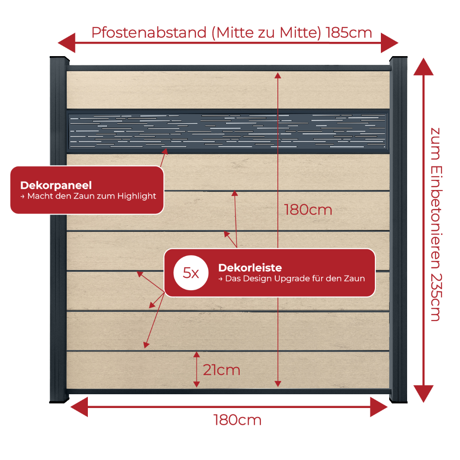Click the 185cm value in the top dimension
click(349, 33)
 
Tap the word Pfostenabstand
click(149, 33)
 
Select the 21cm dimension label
click(222, 370)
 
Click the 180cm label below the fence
click(237, 420)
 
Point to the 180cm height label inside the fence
click(308, 210)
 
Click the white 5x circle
click(191, 273)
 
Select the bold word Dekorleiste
click(250, 268)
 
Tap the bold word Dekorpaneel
click(56, 185)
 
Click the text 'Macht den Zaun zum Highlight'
click(92, 196)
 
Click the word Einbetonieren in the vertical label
click(436, 218)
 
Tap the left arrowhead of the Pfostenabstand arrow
click(67, 43)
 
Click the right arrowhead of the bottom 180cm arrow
click(379, 407)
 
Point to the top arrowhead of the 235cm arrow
click(423, 67)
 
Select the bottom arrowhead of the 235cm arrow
click(423, 394)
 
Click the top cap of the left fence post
click(59, 60)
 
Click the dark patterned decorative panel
click(228, 131)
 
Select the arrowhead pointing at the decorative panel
click(165, 151)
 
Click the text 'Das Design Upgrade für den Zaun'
click(295, 278)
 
